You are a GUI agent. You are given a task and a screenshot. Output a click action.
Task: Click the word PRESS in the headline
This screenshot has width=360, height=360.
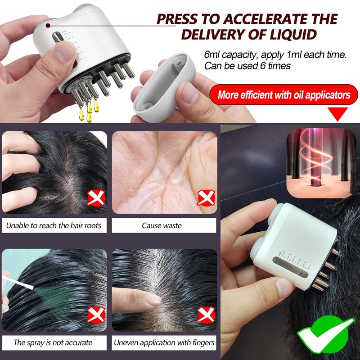point(177,19)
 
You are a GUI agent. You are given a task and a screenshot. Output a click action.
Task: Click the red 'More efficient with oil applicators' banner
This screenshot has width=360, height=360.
point(284,94)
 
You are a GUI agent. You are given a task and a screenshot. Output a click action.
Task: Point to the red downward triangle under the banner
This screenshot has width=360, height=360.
point(337,114)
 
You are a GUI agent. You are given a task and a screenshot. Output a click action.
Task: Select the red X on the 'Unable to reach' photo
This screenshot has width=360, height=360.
point(96,198)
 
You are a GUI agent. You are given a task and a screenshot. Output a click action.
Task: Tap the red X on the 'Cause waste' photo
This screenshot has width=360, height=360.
point(206,198)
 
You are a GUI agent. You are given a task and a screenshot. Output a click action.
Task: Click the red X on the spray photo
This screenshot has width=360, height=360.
point(96,315)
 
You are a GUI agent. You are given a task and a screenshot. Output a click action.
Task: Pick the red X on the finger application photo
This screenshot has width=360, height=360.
point(206,315)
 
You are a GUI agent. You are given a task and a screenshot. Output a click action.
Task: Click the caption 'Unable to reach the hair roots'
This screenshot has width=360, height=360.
point(54,225)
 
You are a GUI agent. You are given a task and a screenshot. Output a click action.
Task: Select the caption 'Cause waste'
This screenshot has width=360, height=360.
point(162,225)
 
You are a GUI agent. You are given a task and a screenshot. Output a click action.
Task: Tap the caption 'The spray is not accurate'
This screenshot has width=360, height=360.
point(53,342)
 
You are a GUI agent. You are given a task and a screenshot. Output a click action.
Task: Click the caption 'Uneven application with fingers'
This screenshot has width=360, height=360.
point(164,342)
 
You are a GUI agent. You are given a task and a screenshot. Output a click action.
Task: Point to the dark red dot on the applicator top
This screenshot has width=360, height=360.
point(48,26)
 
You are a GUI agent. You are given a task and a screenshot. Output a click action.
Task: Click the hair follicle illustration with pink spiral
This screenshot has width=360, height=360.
point(321,163)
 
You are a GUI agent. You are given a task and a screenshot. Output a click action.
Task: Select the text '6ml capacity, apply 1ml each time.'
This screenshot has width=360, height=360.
point(275,54)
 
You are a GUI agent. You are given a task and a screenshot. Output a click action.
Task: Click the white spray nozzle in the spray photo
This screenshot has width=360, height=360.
point(17,282)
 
